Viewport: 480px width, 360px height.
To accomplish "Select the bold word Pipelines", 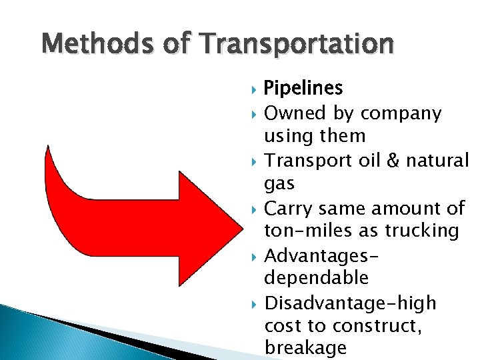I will click(303, 88).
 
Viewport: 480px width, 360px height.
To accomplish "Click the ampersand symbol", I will click(390, 161).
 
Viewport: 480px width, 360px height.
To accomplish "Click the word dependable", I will click(316, 278).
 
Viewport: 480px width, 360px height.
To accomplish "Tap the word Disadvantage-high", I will click(351, 303).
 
